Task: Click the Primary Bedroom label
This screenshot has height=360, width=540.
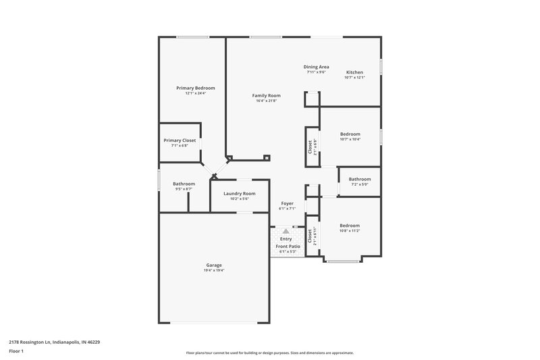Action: pos(196,88)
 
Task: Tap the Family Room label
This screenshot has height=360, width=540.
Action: pos(267,96)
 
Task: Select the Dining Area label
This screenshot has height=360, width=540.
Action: pos(316,67)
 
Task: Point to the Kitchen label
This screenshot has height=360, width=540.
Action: pos(354,72)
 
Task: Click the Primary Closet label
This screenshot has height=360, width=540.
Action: pos(180,140)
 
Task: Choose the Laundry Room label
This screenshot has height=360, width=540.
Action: pos(240,193)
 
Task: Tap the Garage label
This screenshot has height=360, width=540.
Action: pos(214,265)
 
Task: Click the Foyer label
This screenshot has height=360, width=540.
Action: pos(287,203)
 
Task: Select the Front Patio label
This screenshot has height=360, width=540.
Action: pos(287,247)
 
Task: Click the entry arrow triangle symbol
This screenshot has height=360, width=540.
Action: pos(286,231)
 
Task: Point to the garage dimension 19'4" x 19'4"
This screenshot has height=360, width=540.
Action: pos(214,271)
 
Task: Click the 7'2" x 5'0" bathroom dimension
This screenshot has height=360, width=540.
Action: pos(359,184)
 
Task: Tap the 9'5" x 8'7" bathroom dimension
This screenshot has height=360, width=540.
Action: pos(184,189)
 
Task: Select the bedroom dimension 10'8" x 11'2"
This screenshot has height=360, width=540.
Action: pos(350,231)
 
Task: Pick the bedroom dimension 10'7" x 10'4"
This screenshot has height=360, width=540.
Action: pos(350,139)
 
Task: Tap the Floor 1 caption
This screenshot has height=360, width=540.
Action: pos(17,351)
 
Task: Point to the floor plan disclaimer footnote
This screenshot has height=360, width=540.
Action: pos(269,353)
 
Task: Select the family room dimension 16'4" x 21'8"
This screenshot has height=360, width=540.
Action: pos(267,101)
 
